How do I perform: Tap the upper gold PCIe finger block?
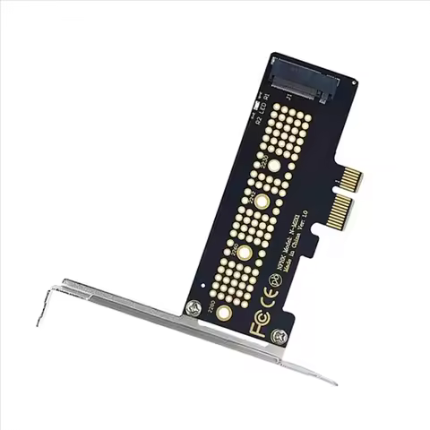coord(350,180)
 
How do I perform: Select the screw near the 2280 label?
coord(193,307)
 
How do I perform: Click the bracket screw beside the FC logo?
coord(279,337)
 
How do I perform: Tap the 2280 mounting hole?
coord(223,313)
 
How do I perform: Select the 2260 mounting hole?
coord(242,253)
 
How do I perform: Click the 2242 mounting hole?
coord(261,202)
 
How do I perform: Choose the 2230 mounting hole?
coord(274,165)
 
